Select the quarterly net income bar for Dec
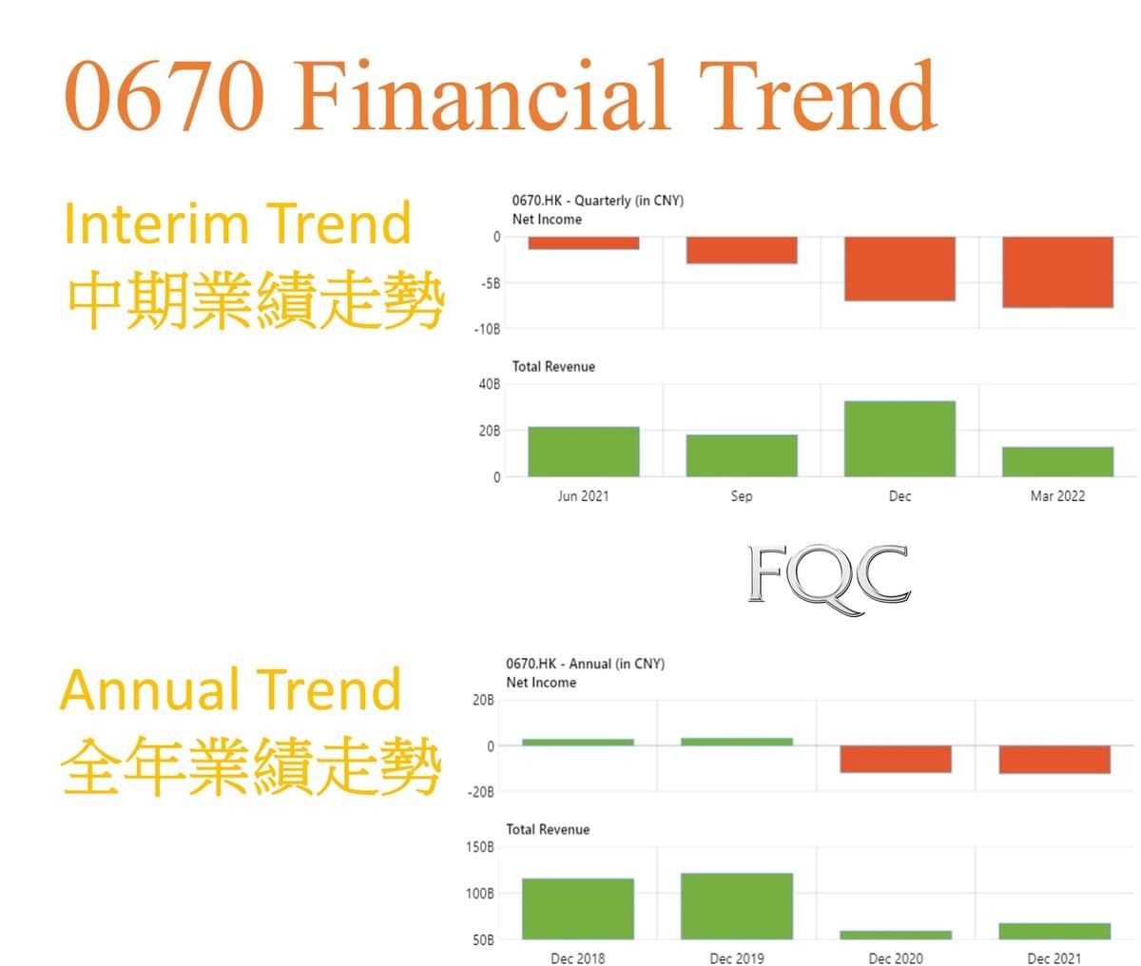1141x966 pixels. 899,269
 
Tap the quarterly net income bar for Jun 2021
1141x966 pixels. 584,242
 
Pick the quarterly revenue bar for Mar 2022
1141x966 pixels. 1057,461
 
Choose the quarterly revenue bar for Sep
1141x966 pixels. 742,455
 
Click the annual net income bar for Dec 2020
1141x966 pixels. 896,759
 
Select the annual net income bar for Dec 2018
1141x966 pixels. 578,742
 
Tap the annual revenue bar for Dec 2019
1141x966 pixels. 737,906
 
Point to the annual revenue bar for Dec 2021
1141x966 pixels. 1054,931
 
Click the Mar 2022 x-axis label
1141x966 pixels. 1057,496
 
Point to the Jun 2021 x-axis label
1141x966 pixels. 584,496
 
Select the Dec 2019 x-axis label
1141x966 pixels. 737,958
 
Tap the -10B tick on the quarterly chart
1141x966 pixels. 487,329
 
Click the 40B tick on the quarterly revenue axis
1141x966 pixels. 490,384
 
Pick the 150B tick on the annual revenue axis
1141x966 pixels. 479,847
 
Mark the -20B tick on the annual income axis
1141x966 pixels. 481,792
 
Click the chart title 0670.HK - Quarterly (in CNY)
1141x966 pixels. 598,201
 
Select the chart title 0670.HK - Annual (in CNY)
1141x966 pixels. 586,664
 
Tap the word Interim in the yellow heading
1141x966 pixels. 157,223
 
